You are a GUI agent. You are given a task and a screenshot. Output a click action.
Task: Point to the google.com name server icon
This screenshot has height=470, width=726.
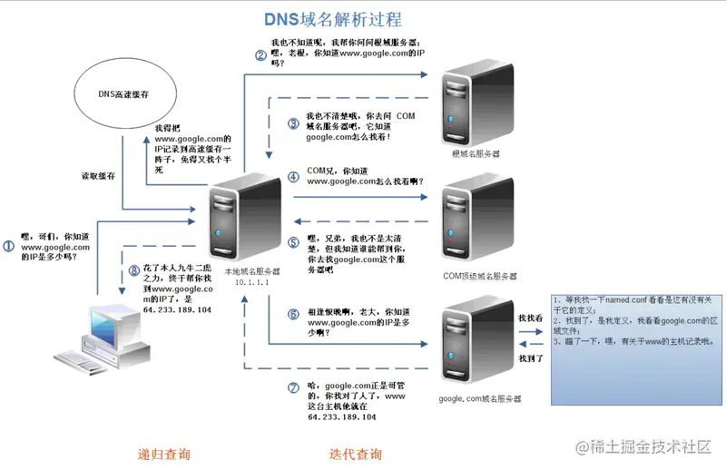tap(470, 349)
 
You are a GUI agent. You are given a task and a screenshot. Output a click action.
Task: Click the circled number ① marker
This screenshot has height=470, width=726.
tap(9, 246)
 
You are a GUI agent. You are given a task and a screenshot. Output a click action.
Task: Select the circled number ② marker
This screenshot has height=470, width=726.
tap(260, 55)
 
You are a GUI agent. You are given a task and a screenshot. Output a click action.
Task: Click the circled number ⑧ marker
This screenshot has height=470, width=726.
tap(133, 269)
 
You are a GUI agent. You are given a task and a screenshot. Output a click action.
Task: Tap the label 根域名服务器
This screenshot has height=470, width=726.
tap(476, 154)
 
